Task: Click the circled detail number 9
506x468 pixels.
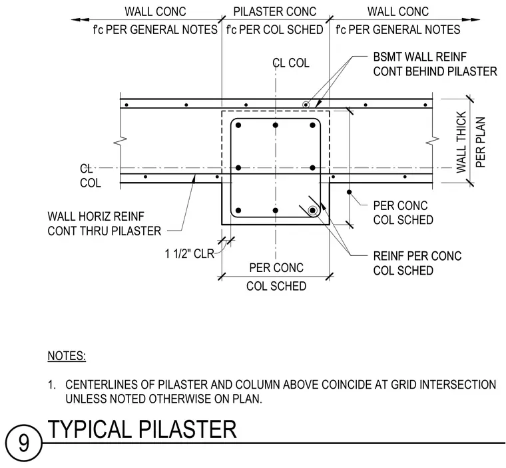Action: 23,443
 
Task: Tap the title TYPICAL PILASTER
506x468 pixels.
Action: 142,429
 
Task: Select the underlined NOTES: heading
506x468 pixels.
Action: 67,356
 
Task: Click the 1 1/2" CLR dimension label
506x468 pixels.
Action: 190,254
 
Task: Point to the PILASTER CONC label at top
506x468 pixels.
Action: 275,11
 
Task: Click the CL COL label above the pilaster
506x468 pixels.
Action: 291,63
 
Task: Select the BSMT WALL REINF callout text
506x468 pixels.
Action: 420,57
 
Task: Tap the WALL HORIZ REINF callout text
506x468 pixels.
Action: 96,216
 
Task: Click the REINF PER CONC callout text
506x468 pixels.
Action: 417,256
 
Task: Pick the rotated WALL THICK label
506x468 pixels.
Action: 461,142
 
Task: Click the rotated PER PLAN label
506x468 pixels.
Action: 481,142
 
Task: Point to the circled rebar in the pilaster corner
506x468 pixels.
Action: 312,211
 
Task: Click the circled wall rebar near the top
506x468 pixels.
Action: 306,105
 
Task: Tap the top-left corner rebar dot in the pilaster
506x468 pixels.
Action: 238,125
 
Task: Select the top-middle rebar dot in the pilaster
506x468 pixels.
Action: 275,125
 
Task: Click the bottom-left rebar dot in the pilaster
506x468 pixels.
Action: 238,211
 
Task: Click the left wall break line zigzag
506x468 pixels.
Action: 120,139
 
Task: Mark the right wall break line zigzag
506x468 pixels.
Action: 432,139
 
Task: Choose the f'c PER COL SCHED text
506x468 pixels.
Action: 274,30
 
